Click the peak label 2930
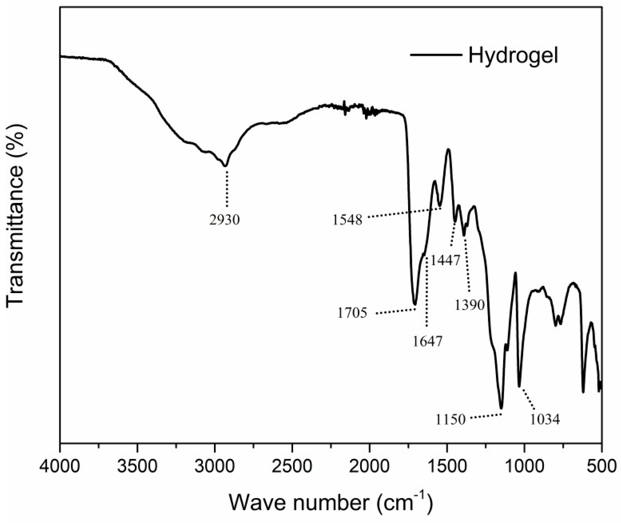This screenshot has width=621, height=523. (224, 220)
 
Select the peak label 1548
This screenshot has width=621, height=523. (348, 220)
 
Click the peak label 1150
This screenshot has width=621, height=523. (450, 420)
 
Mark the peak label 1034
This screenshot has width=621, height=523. (545, 420)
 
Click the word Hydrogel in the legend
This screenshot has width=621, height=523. (513, 56)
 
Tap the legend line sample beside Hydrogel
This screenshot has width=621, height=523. (436, 55)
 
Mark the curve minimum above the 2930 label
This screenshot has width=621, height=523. (226, 166)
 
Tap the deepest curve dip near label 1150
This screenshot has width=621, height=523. (501, 408)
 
